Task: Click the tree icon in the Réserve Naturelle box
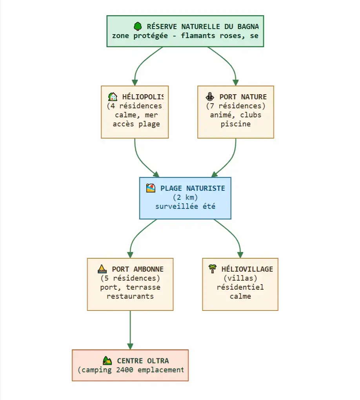(x=137, y=26)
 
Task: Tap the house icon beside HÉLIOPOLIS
(x=113, y=97)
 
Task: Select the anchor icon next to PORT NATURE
(x=210, y=97)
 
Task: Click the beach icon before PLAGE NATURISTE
(x=151, y=188)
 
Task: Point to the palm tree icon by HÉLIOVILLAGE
(x=212, y=269)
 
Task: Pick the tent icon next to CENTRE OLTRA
(x=107, y=360)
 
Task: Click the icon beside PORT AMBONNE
(x=102, y=269)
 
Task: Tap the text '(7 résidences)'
(x=236, y=106)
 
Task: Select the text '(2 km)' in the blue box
(x=185, y=197)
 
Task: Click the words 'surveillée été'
(x=185, y=206)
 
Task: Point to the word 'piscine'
(x=236, y=124)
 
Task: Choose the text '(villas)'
(x=240, y=278)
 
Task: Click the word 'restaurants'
(x=130, y=296)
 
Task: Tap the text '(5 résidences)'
(x=130, y=278)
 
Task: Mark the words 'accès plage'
(x=136, y=124)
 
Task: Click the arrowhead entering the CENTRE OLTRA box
(x=130, y=346)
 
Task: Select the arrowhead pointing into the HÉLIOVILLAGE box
(x=240, y=255)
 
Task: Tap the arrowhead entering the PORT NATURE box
(x=235, y=82)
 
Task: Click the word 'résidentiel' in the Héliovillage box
(x=240, y=287)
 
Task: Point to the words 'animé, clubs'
(x=236, y=115)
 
